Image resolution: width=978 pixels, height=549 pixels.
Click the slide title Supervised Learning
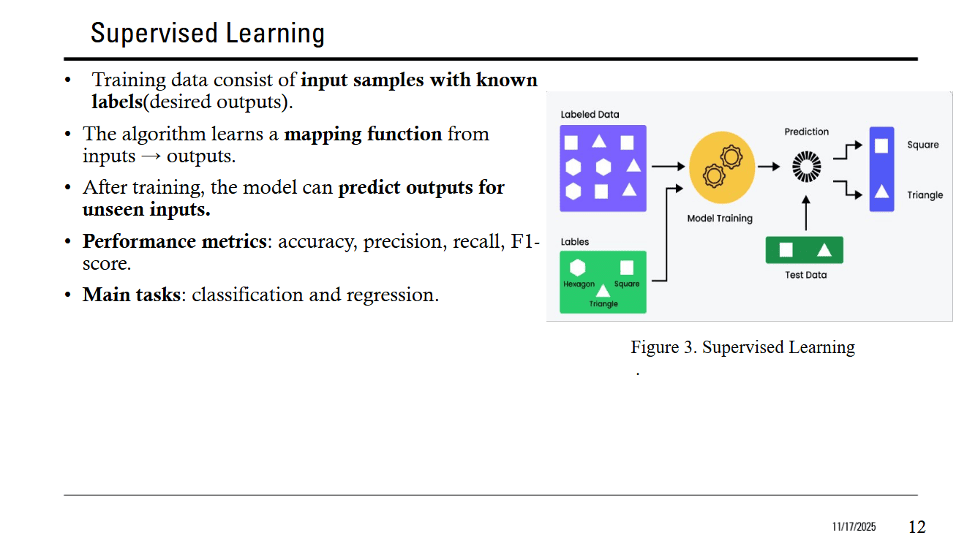tap(207, 34)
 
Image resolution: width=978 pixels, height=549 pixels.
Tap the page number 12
tap(917, 526)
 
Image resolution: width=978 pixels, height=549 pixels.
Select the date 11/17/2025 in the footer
tap(853, 527)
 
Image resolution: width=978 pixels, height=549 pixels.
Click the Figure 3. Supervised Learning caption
tap(742, 347)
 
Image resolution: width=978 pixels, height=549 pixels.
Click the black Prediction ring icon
tap(806, 167)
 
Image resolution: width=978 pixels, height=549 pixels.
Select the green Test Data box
tap(804, 250)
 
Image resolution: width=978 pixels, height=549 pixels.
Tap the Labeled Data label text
tap(590, 115)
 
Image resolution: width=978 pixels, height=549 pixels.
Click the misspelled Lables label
tap(575, 242)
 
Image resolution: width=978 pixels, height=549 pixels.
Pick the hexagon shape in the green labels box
tap(578, 268)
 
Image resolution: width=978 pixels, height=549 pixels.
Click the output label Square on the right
tap(922, 145)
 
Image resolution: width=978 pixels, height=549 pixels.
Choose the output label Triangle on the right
tap(925, 195)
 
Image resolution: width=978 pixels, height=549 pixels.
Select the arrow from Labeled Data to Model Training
tap(668, 167)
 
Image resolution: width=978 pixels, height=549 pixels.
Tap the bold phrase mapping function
tap(363, 134)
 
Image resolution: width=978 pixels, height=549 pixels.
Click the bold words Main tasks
tap(131, 295)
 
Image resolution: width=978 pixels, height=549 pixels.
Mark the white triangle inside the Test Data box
tap(824, 250)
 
